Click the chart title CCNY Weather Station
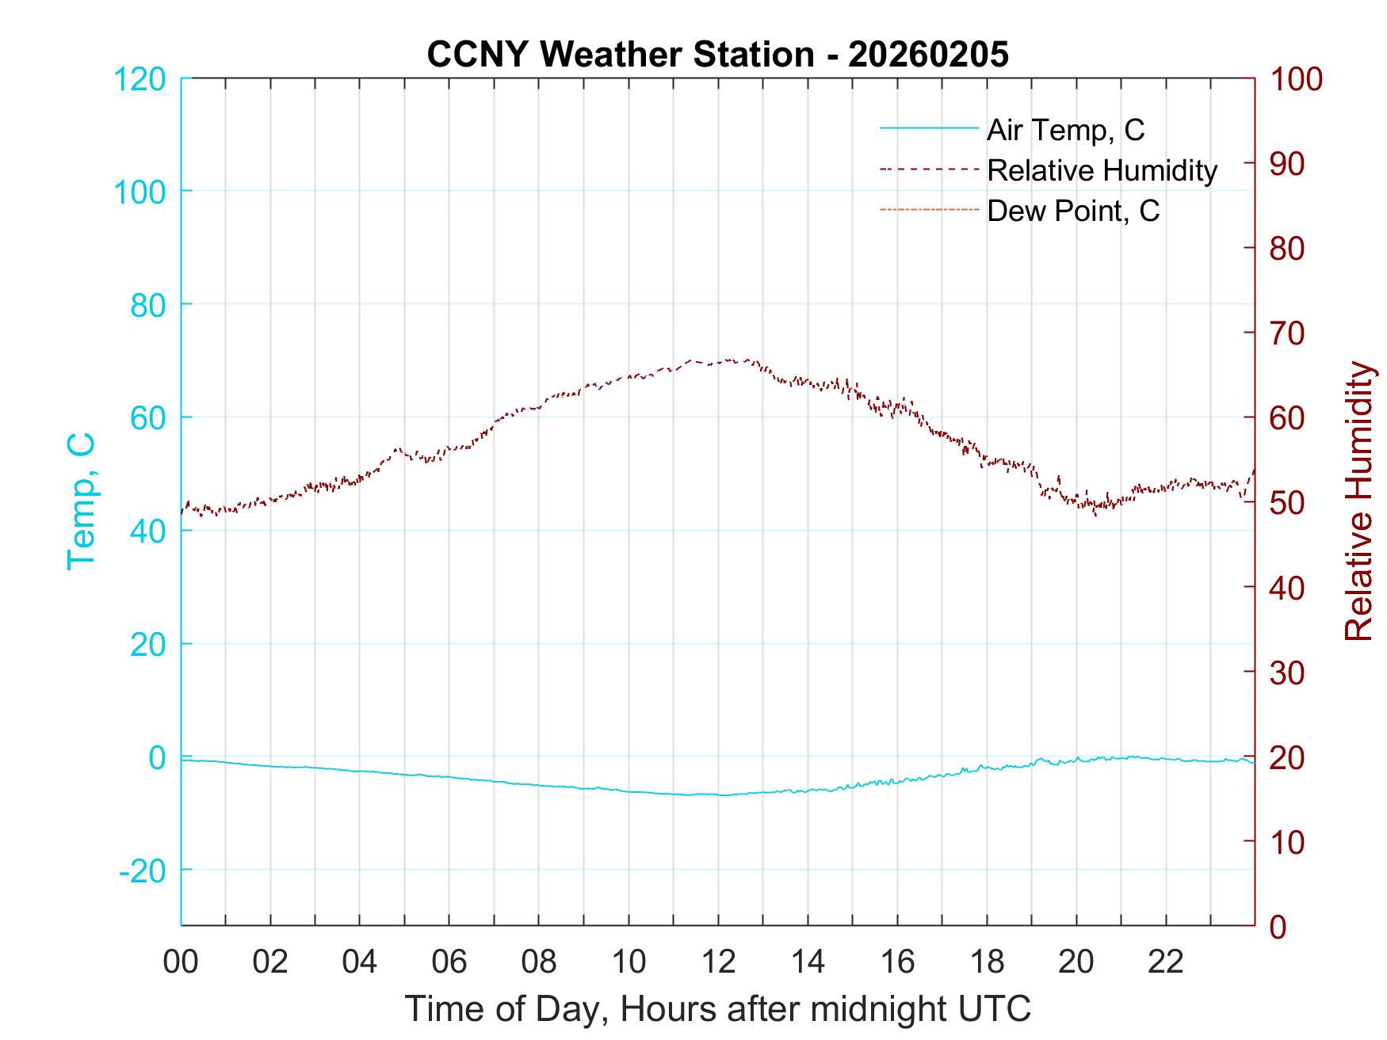pos(717,54)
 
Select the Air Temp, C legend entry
pos(1065,129)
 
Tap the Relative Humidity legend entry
pos(1102,170)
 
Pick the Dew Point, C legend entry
pos(1073,211)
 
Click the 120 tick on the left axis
pos(139,78)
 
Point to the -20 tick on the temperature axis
pos(142,870)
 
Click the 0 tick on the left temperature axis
pos(156,757)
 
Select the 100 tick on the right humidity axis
pos(1297,78)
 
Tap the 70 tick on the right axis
pos(1288,333)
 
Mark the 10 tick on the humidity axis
pos(1288,841)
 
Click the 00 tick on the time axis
pos(181,962)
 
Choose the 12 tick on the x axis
pos(718,962)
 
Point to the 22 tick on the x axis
pos(1166,962)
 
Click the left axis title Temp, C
pos(81,501)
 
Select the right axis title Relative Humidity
pos(1358,501)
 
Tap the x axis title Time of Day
pos(717,1009)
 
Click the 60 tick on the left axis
pos(148,417)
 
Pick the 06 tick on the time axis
pos(449,962)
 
